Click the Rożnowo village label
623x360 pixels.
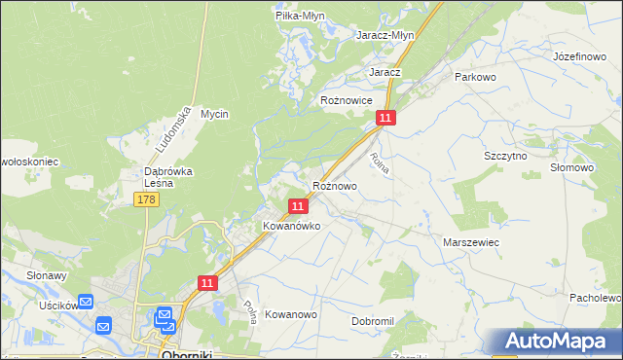[x=335, y=186]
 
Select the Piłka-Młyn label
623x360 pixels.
[x=299, y=16]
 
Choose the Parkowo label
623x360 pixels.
[x=476, y=76]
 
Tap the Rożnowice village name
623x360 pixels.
[x=348, y=100]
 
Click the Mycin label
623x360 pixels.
[x=214, y=114]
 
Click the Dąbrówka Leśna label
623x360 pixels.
[x=159, y=176]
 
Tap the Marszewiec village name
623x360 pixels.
[x=471, y=241]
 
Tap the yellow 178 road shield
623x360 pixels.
[x=146, y=199]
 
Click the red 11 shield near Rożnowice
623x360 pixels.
[x=386, y=118]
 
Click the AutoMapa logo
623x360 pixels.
[x=561, y=341]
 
